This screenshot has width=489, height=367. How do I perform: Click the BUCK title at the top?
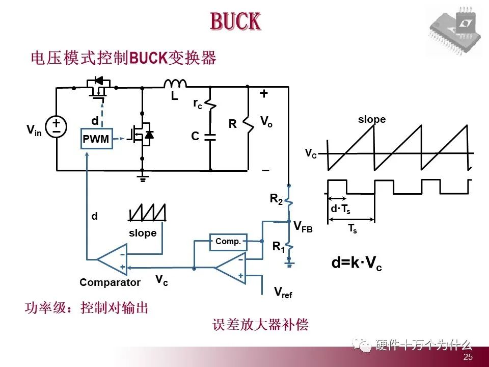(x=235, y=22)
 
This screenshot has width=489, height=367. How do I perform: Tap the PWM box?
(x=97, y=139)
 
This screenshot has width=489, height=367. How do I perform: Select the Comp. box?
(x=228, y=242)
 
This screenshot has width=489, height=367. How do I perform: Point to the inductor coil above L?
(x=175, y=84)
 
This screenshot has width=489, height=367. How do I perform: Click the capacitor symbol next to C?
(x=210, y=137)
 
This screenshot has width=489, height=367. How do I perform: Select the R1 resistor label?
(x=278, y=247)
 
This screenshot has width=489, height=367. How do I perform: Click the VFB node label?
(x=304, y=227)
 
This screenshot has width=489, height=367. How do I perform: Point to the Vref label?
(x=283, y=292)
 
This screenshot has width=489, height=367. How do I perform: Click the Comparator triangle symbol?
(x=112, y=259)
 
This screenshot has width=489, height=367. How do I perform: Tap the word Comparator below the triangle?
(x=110, y=282)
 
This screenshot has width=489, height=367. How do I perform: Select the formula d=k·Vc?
(x=357, y=264)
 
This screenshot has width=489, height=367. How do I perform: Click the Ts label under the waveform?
(x=352, y=229)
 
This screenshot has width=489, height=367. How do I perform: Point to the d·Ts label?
(x=340, y=209)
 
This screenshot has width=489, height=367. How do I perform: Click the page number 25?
(x=468, y=357)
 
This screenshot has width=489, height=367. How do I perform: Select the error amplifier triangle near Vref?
(x=230, y=269)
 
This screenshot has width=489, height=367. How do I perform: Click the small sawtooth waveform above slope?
(x=148, y=213)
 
